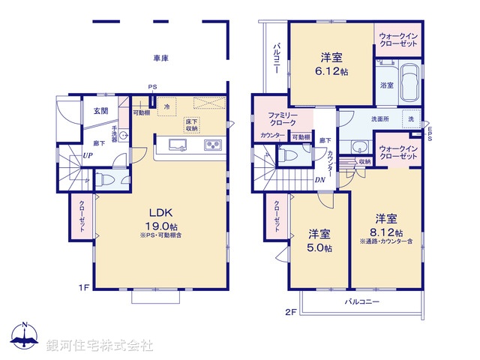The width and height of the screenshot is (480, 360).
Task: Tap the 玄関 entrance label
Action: click(100, 111)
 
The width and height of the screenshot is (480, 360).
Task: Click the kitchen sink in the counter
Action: click(178, 145)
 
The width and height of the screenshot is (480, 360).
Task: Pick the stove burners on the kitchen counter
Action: click(211, 145)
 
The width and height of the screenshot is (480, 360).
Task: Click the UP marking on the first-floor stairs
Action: click(88, 155)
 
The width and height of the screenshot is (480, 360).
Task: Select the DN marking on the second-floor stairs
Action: click(319, 180)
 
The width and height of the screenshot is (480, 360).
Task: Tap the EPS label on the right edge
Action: click(430, 132)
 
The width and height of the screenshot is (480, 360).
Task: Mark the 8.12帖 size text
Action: click(386, 232)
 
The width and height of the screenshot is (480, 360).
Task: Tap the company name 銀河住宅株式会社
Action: click(100, 346)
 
